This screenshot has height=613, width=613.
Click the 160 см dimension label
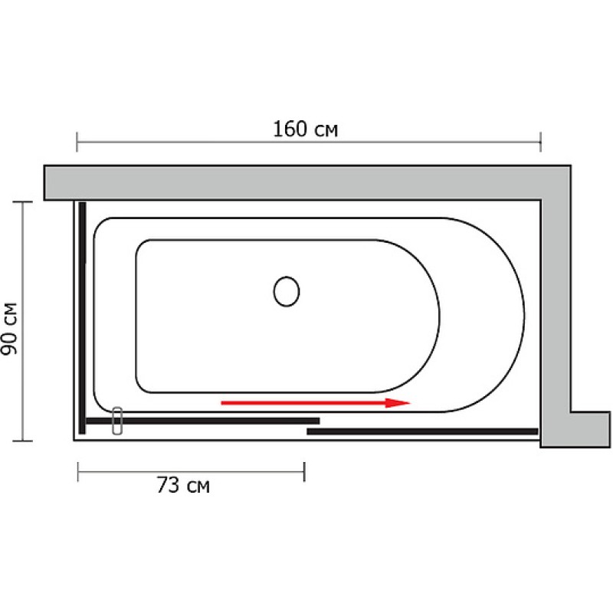pos(305,129)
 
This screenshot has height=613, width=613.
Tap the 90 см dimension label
pos(9,329)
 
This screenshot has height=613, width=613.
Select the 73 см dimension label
pos(183,485)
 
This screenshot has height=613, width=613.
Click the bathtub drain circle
pos(287,291)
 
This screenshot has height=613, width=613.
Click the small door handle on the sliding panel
pos(117,421)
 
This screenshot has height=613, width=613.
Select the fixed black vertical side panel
pos(82,318)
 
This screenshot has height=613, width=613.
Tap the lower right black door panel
pos(423,431)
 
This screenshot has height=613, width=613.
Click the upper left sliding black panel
pos(203,421)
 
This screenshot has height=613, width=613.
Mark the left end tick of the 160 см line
pos(77,142)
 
